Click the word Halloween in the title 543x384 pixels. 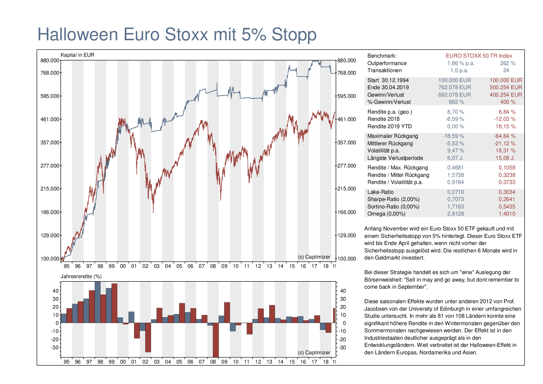coord(78,34)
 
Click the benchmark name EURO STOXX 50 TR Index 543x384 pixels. coord(479,56)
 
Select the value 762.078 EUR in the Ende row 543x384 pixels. coord(454,87)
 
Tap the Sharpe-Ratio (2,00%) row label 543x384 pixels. coord(393,199)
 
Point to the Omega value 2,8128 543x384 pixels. coord(455,214)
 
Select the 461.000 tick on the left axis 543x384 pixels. coord(50,119)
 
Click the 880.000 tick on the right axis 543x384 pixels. coord(347,61)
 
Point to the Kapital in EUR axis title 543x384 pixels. coord(77,55)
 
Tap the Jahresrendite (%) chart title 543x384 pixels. coord(81,276)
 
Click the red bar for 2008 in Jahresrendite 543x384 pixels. coord(216,340)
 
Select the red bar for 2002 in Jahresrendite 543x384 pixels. coord(148,337)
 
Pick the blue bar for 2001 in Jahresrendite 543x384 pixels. coord(131,317)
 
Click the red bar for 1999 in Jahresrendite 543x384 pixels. coord(114,303)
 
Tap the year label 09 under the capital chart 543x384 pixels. coord(224,266)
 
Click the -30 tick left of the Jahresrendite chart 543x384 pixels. coord(55,347)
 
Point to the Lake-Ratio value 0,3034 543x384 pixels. coord(507,192)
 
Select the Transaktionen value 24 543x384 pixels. coord(506,70)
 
